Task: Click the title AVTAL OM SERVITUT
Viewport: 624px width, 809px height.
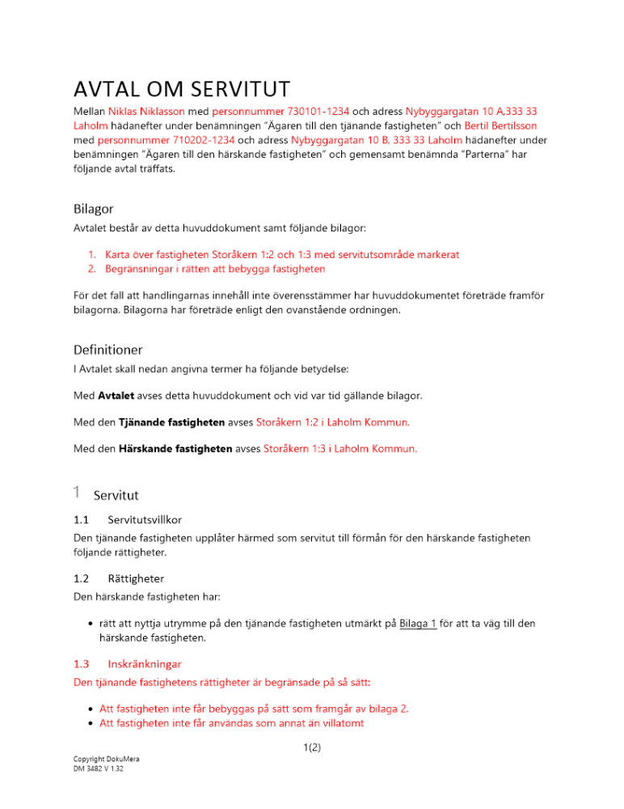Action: coord(181,87)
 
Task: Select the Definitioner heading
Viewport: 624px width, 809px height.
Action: coord(108,349)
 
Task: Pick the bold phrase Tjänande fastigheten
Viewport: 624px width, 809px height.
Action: coord(171,421)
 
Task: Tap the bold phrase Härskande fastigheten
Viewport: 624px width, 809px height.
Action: coord(175,448)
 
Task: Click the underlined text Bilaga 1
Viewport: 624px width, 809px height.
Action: coord(418,622)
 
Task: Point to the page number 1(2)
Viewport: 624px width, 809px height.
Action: coord(311,748)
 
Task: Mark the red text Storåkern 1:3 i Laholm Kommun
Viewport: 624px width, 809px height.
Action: coord(340,448)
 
